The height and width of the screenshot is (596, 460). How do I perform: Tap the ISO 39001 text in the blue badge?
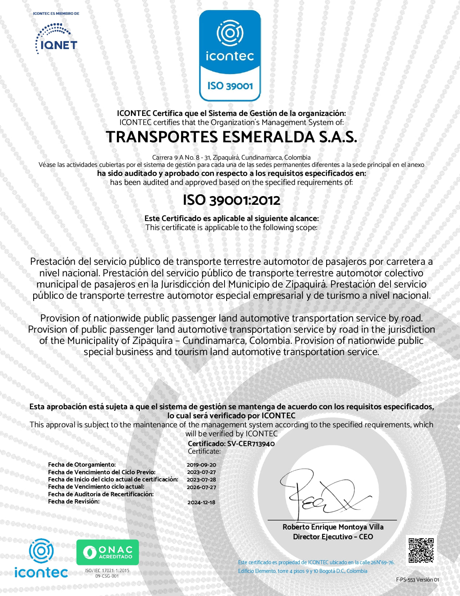pos(230,86)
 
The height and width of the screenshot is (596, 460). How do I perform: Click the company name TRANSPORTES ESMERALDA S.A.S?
pos(231,137)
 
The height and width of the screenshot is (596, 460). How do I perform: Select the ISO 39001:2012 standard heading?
pos(231,200)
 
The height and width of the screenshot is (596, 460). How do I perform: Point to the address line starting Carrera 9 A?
pos(231,157)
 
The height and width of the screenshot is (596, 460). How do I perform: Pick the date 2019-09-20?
pos(201,465)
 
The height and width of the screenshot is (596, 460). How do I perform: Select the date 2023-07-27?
pos(201,472)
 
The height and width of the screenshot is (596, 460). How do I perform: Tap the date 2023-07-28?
pos(201,480)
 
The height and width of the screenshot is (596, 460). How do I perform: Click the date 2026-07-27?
pos(201,487)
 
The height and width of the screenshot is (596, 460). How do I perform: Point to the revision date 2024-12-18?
pos(201,502)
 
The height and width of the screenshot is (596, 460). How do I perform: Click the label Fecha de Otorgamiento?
pos(82,465)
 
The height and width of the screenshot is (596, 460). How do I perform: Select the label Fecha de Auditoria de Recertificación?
pos(101,494)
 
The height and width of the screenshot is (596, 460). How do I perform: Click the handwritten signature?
pos(321,493)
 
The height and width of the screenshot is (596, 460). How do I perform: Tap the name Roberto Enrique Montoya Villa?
pos(333,527)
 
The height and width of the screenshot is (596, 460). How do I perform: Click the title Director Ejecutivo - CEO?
pos(333,537)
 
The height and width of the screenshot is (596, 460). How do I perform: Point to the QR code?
pos(421,550)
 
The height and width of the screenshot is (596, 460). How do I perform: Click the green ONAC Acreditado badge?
pos(108,552)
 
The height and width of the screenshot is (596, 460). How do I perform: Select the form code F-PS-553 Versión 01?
pos(417,580)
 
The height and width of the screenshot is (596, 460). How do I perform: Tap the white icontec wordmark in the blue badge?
pos(230,56)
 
